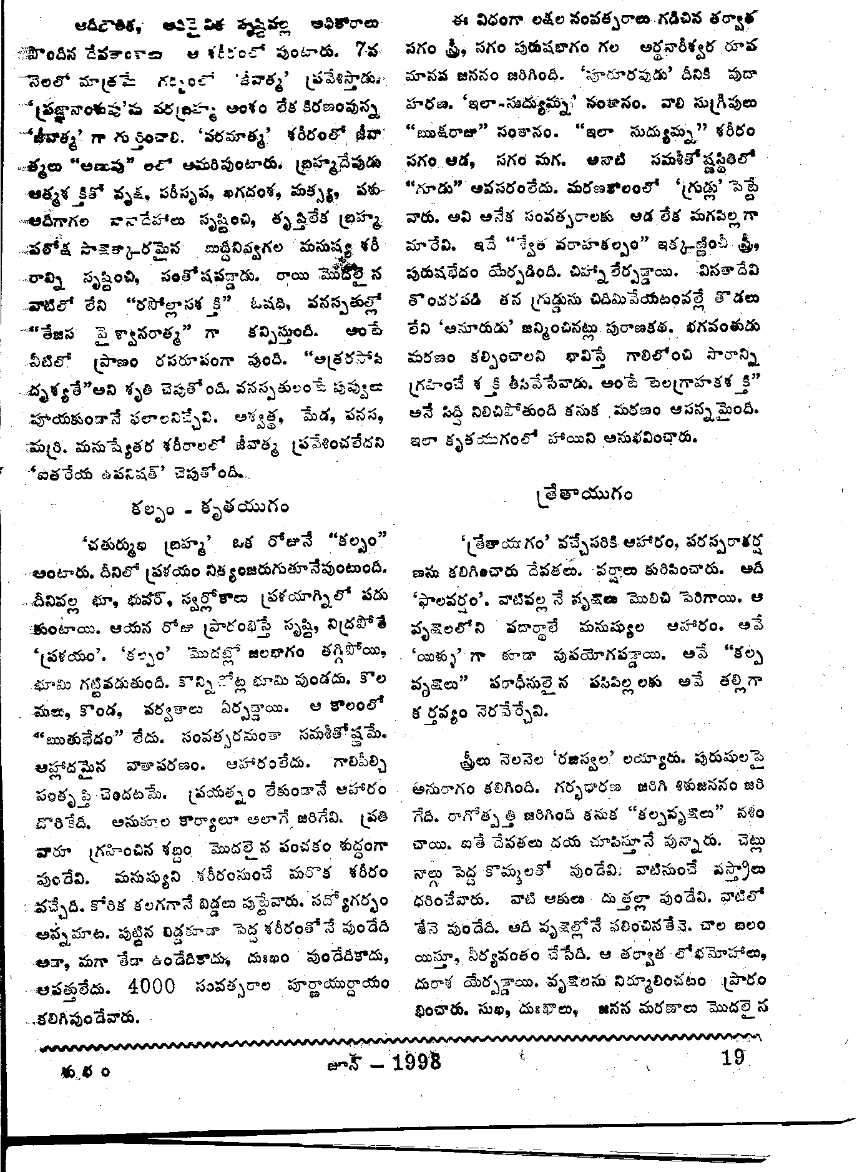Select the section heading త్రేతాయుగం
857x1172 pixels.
coord(584,495)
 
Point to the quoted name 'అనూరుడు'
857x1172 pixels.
coord(467,325)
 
